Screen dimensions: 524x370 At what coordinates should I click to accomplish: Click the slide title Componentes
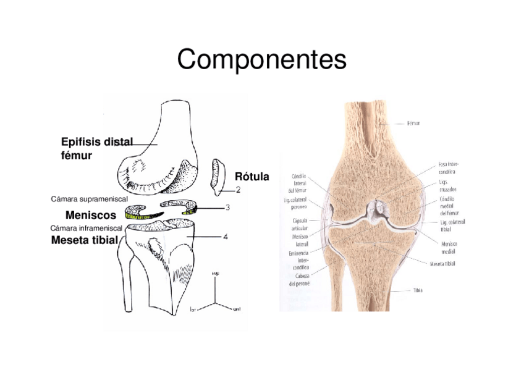click(261, 60)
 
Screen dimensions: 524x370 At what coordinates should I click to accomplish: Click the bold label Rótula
click(251, 177)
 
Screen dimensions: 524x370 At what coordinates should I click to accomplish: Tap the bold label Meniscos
click(90, 216)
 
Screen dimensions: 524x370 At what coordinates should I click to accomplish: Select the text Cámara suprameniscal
click(88, 200)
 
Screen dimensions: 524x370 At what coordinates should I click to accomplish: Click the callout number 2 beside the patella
click(238, 190)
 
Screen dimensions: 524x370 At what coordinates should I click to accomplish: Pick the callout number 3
click(227, 208)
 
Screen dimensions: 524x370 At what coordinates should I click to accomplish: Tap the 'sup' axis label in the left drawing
click(216, 274)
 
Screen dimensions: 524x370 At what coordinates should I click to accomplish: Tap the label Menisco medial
click(449, 247)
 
